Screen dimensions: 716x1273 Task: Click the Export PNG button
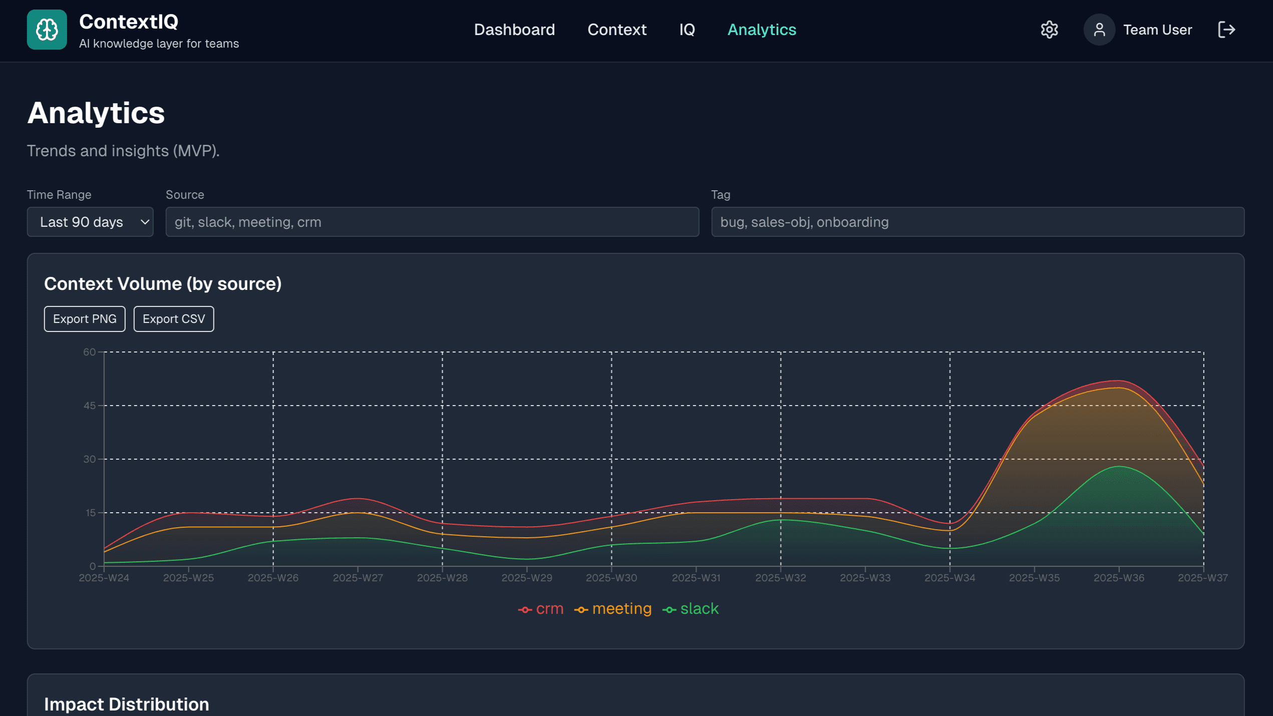point(85,319)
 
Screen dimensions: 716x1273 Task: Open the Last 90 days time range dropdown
point(90,222)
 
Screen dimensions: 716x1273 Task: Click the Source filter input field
point(432,222)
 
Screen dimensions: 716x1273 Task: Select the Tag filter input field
point(977,222)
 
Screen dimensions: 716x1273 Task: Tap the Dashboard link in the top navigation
point(514,30)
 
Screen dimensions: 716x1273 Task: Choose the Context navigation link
point(617,30)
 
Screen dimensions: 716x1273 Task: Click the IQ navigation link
point(687,30)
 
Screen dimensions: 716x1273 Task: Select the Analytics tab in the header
point(762,30)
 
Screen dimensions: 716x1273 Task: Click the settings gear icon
point(1049,30)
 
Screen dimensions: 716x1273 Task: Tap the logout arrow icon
point(1226,30)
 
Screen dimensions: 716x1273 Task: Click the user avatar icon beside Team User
point(1099,30)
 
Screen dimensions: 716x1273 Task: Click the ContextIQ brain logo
point(47,30)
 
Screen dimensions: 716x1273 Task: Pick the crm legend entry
point(541,609)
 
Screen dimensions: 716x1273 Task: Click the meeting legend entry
point(613,609)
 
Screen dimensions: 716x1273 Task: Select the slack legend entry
point(691,609)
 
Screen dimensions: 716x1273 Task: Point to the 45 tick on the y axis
point(90,406)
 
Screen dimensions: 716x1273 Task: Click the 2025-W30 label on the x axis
point(611,578)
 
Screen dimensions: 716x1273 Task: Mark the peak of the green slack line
point(1119,467)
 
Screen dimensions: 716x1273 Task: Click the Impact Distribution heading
point(127,704)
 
